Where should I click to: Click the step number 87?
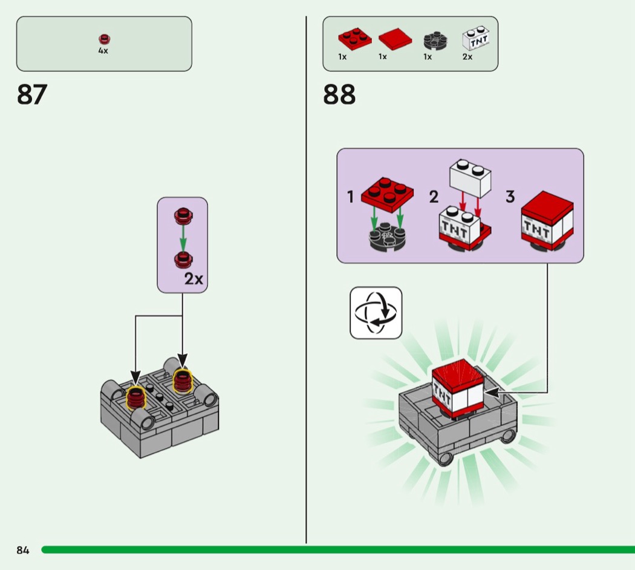32,94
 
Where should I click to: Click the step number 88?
339,94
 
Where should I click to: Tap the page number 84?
23,550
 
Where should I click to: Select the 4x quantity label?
103,51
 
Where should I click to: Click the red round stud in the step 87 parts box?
105,39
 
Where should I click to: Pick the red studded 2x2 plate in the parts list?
355,39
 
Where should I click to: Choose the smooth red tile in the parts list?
396,39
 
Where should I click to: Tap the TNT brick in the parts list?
476,38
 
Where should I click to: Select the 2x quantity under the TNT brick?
467,57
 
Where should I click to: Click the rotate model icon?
376,313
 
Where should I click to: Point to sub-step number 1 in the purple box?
351,197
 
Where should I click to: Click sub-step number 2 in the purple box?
434,197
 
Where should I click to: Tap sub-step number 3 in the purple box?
510,197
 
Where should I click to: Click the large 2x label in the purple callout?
194,279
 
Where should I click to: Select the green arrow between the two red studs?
183,238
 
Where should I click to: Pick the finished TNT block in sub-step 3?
547,221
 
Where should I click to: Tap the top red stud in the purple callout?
183,216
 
